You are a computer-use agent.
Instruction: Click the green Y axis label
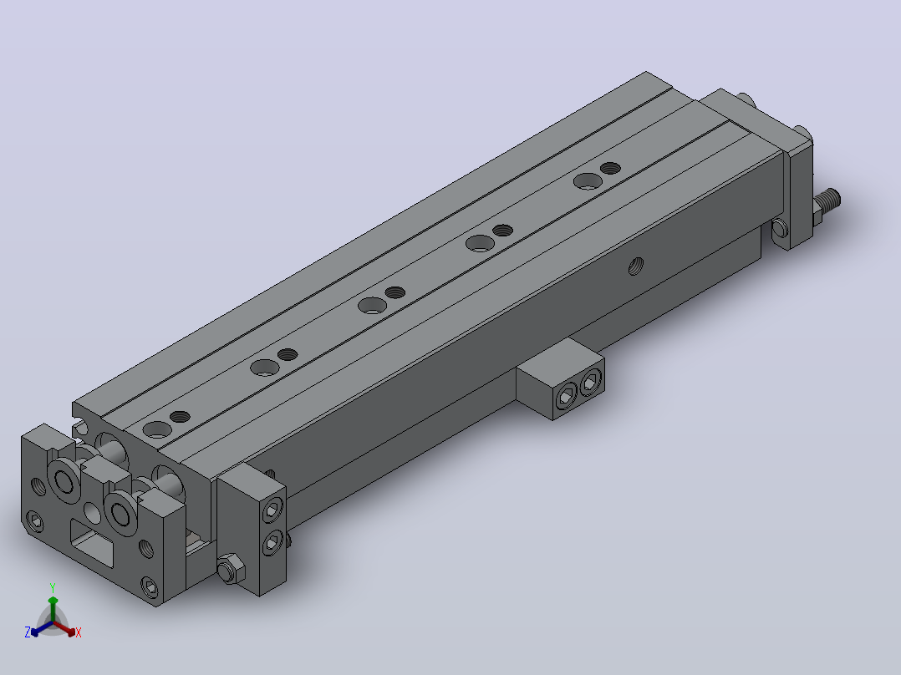click(53, 587)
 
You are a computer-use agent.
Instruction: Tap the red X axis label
click(79, 632)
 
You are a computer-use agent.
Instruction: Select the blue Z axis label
click(27, 632)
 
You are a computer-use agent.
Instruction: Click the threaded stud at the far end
click(828, 202)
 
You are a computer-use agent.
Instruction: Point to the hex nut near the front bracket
click(231, 568)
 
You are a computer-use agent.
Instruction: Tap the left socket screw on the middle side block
click(566, 396)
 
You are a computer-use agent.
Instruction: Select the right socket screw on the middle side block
click(591, 382)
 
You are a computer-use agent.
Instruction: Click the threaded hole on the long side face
click(635, 266)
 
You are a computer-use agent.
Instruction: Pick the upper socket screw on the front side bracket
click(272, 510)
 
